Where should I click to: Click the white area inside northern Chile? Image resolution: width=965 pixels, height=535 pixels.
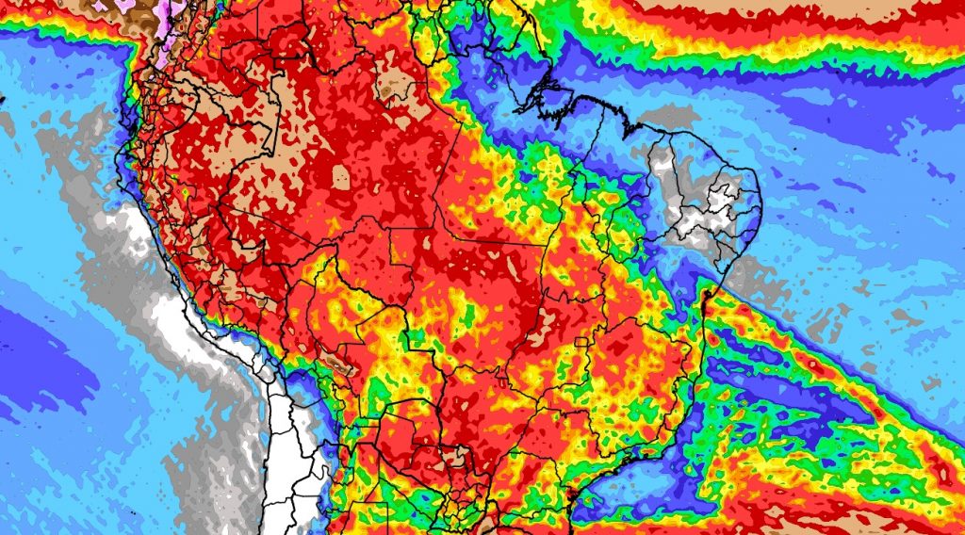(283, 452)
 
